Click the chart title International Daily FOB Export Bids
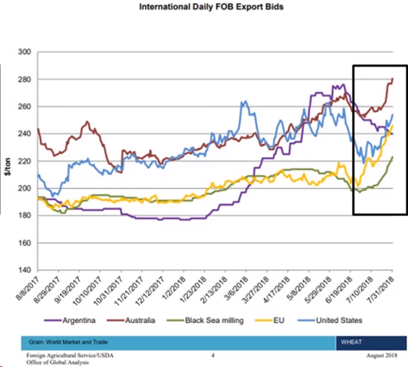click(x=211, y=7)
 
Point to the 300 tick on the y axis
click(x=24, y=52)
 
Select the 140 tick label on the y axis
click(x=24, y=270)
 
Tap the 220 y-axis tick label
click(x=24, y=162)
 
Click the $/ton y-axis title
click(x=8, y=167)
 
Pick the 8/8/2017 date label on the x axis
click(x=27, y=288)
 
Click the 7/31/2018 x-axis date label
click(x=381, y=289)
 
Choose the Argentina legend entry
click(x=70, y=320)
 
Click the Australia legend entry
click(x=131, y=320)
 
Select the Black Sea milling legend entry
click(x=205, y=320)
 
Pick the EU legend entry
click(x=270, y=320)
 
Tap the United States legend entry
click(x=329, y=320)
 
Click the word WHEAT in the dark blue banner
click(x=351, y=342)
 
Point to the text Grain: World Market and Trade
click(x=68, y=342)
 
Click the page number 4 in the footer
click(x=213, y=356)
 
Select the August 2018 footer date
click(x=381, y=356)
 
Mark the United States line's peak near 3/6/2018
click(x=246, y=101)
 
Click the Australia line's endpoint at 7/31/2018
click(x=392, y=78)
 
